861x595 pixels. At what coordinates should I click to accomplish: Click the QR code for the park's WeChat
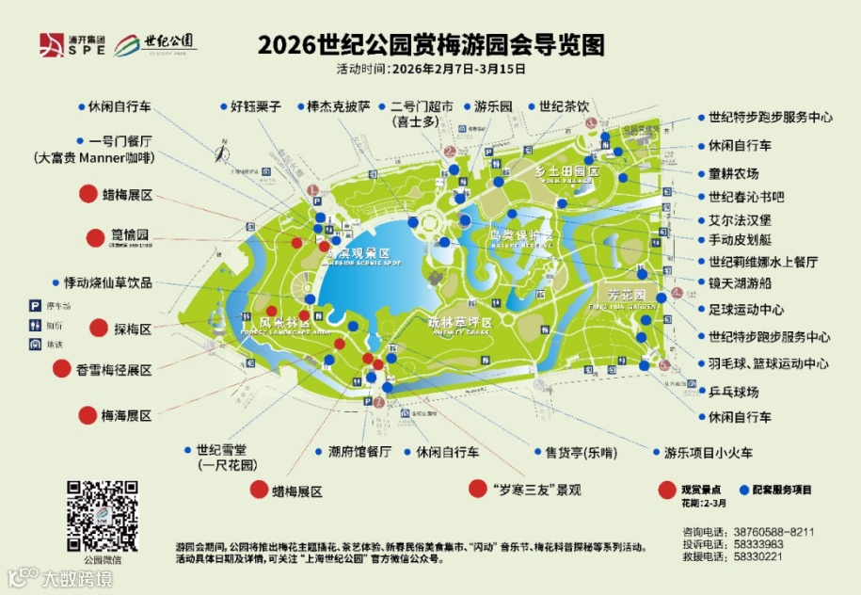pos(102,517)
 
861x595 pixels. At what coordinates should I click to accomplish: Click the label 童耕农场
pos(734,173)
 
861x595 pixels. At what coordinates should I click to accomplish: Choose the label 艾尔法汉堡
pos(741,219)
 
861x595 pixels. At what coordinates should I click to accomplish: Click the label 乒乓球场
pos(734,391)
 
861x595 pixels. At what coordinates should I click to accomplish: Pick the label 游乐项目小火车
pos(709,453)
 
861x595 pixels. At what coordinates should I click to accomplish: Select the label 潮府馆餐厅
pos(359,451)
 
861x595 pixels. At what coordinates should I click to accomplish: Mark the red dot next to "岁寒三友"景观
pos(478,490)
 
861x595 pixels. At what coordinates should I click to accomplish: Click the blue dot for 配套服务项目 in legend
pos(745,490)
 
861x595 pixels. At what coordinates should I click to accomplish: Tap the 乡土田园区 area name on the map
pos(566,172)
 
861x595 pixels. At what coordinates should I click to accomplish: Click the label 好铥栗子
pos(255,106)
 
